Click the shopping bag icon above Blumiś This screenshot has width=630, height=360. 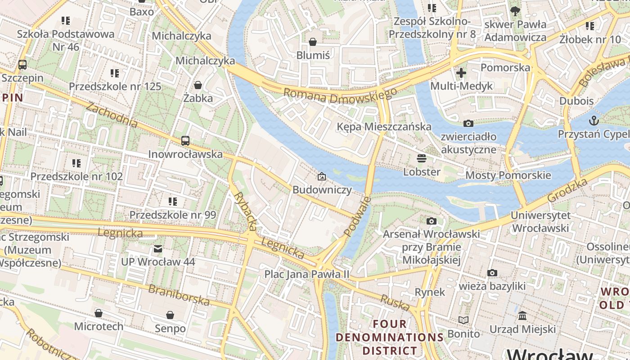(313, 42)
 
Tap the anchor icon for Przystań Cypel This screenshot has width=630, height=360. (594, 121)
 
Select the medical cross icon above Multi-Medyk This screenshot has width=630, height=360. (461, 72)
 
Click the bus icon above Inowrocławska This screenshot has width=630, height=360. (185, 140)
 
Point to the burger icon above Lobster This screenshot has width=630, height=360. (422, 158)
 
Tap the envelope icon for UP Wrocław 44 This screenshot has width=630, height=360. (158, 248)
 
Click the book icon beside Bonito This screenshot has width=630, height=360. (463, 320)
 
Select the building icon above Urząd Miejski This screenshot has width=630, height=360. (522, 316)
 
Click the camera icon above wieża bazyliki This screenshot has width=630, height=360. (492, 273)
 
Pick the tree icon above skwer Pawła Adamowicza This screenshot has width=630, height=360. (515, 11)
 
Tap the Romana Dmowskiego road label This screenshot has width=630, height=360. (340, 95)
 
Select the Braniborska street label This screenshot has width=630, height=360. (179, 295)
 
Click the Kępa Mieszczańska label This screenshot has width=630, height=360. (384, 127)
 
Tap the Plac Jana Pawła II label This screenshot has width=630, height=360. (306, 274)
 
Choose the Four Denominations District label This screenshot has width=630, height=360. (390, 337)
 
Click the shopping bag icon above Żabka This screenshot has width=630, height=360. (198, 85)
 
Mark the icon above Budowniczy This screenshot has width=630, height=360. (322, 176)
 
